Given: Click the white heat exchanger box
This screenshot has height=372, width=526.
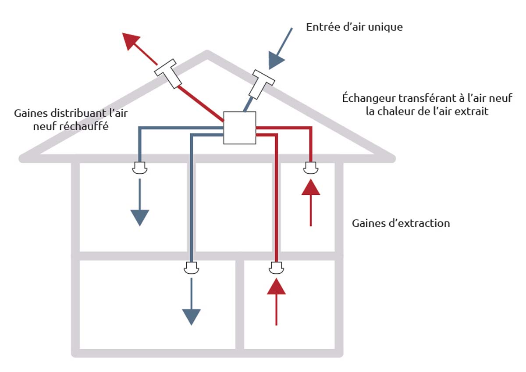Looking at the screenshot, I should pos(239,128).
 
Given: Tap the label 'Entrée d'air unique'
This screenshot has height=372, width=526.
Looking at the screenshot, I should pos(354,27).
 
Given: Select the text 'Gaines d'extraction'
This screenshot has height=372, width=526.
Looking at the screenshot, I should pos(401,223).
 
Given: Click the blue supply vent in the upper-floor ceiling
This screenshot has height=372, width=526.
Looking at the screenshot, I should pos(139,168).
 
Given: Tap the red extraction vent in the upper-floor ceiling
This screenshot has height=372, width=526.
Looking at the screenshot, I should pos(310,168).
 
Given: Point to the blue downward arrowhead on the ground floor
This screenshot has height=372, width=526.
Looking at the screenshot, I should pos(191,316).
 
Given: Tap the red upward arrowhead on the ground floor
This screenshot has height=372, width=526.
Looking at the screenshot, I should pos(276,286).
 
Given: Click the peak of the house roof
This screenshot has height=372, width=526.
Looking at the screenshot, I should pos(207,54).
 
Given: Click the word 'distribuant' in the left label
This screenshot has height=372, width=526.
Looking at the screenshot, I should pos(69,114).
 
